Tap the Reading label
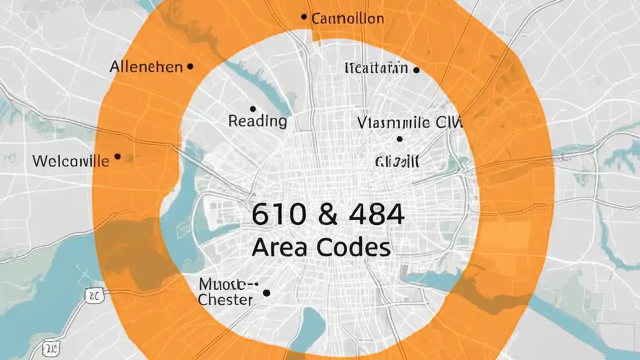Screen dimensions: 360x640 point(257,121)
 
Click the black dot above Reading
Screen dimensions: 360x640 point(252,108)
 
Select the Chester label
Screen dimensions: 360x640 point(225,300)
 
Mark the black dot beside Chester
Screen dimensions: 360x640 point(266,293)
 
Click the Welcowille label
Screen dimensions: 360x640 point(70,161)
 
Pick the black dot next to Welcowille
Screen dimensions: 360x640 point(117,156)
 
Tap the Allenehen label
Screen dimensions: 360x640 point(146,66)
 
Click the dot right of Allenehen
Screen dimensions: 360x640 point(189,66)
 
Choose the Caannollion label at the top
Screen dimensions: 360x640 point(347,19)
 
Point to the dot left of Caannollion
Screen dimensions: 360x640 point(303,17)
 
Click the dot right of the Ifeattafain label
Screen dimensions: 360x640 point(416,70)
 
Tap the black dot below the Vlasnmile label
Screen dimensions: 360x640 point(399,139)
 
